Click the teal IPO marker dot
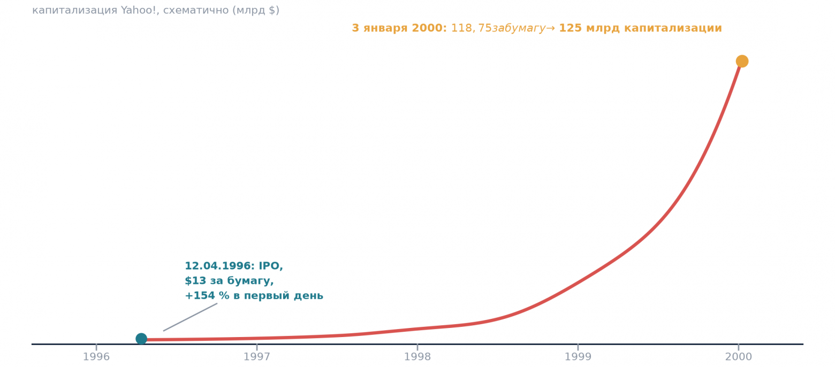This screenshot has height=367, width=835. pos(141,339)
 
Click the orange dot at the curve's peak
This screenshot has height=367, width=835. pos(742,61)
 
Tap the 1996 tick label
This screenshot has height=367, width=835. pos(96,357)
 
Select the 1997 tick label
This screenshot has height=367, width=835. pos(257,357)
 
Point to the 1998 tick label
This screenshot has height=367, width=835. pos(417,357)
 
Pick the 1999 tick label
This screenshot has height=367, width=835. pos(578,357)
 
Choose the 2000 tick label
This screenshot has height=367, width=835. pos(739,357)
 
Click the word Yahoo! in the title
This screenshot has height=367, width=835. pos(139,10)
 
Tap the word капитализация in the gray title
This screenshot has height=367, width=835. pos(74,11)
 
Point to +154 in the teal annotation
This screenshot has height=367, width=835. pos(200,296)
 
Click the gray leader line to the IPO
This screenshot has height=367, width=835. pos(190,317)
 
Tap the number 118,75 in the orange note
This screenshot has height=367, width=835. pos(472,28)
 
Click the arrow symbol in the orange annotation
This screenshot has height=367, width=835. pos(551,28)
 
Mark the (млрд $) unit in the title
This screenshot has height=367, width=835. pos(256,11)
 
